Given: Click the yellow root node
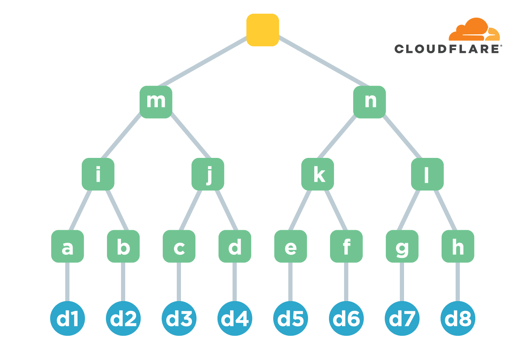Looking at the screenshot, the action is (262, 30).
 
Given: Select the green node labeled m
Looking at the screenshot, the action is (156, 102).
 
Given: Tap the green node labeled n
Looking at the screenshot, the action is (369, 102).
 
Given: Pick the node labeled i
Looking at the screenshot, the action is (98, 174).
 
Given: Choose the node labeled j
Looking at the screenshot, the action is (208, 174).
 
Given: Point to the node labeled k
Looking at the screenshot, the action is (317, 174).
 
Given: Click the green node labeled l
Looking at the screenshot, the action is (427, 174).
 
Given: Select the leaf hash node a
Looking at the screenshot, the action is (67, 246).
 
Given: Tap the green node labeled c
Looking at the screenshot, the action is (179, 246).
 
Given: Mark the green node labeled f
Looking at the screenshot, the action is (346, 246).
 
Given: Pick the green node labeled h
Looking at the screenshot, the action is (458, 246).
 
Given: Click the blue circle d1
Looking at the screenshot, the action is (67, 318).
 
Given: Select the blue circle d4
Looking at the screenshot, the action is (235, 318).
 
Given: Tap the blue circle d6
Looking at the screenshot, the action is (346, 318).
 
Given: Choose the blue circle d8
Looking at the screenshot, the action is (458, 318).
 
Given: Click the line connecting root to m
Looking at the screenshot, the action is (203, 62).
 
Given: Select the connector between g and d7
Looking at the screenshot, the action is (402, 282).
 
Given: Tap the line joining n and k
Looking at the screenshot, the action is (336, 136).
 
